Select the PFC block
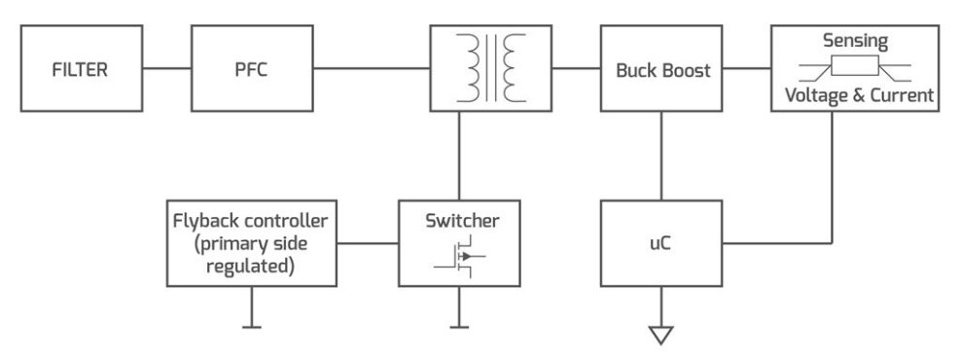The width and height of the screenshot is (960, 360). click(x=252, y=72)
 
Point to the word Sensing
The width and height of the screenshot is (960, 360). click(x=854, y=42)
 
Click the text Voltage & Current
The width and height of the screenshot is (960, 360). click(x=854, y=98)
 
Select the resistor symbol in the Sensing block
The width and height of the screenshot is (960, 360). click(x=854, y=69)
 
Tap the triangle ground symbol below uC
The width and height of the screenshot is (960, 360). click(x=663, y=334)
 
